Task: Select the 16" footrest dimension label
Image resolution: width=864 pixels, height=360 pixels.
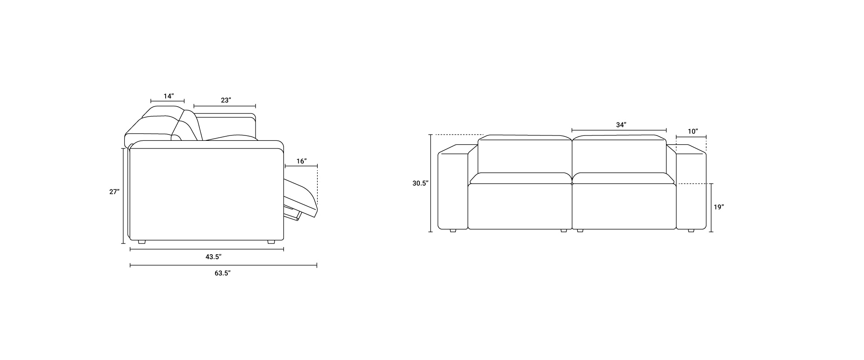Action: pyautogui.click(x=301, y=161)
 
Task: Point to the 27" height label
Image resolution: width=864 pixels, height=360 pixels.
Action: pyautogui.click(x=114, y=192)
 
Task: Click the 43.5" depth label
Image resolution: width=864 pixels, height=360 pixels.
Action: pyautogui.click(x=213, y=256)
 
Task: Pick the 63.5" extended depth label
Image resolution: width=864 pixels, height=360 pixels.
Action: pyautogui.click(x=222, y=273)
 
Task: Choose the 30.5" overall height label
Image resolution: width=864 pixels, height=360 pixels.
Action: pyautogui.click(x=420, y=183)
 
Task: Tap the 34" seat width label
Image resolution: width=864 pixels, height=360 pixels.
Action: pyautogui.click(x=621, y=125)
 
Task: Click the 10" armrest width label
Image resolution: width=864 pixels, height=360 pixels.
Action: pyautogui.click(x=693, y=131)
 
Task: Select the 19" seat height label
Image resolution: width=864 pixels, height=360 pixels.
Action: pyautogui.click(x=719, y=207)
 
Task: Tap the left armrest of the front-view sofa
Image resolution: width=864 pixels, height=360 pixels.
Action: pyautogui.click(x=453, y=189)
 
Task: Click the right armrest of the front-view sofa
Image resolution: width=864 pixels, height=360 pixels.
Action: pyautogui.click(x=691, y=189)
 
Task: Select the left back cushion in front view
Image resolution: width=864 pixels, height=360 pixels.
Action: pyautogui.click(x=524, y=155)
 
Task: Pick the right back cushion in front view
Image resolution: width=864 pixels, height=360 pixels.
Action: pyautogui.click(x=619, y=155)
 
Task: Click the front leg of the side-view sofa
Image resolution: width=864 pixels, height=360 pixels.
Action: pyautogui.click(x=271, y=242)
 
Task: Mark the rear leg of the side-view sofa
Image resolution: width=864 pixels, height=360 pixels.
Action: pyautogui.click(x=142, y=242)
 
